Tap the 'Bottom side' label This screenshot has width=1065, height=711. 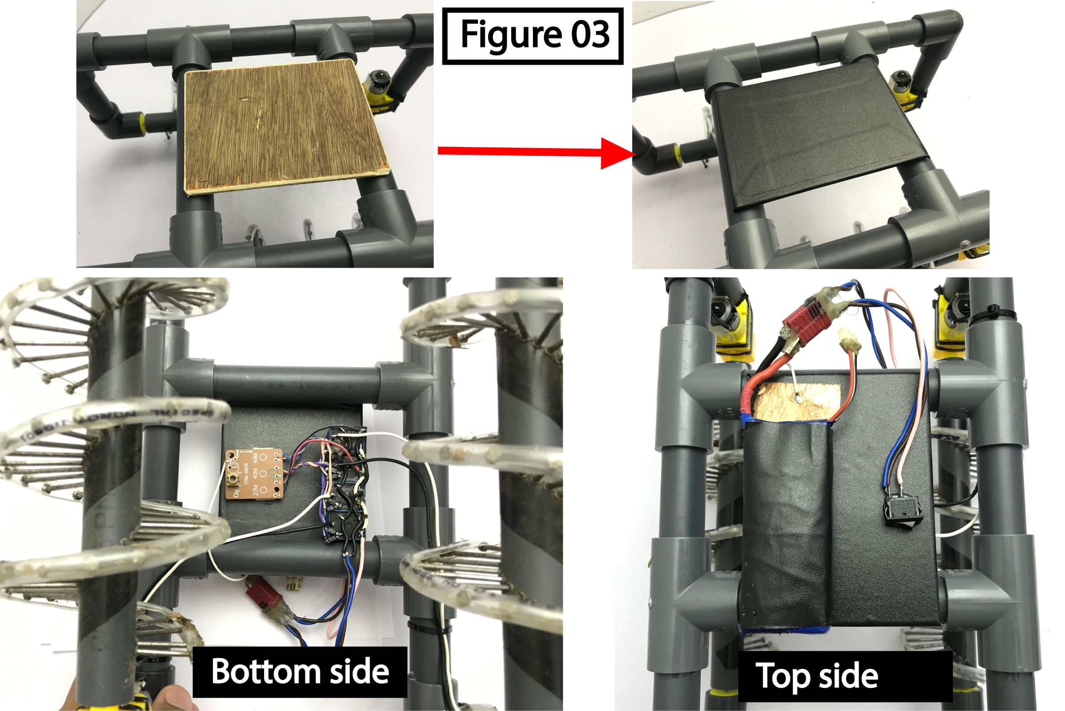[300, 672]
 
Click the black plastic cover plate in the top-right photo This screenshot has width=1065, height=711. [816, 131]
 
